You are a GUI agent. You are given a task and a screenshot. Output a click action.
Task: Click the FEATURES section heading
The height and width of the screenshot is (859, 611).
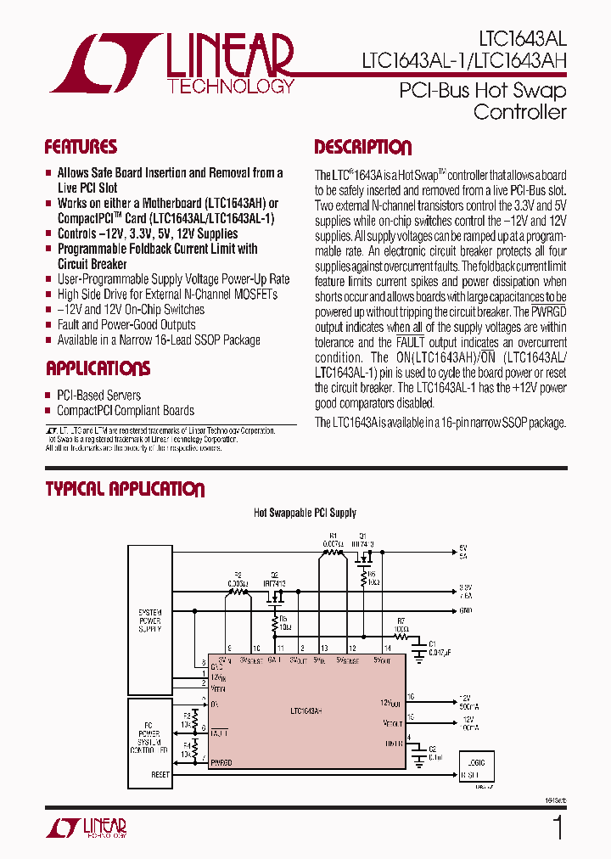pyautogui.click(x=81, y=147)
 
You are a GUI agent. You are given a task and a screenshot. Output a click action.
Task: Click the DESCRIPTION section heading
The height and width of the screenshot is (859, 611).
pyautogui.click(x=362, y=148)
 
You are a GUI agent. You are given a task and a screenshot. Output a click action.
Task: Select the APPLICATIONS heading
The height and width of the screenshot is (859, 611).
pyautogui.click(x=98, y=368)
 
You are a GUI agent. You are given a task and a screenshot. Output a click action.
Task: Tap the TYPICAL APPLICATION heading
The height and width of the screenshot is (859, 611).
pyautogui.click(x=125, y=489)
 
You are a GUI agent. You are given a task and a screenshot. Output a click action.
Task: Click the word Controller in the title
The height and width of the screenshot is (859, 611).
pyautogui.click(x=519, y=112)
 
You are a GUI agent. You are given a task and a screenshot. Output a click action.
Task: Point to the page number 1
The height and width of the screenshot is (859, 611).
pyautogui.click(x=558, y=828)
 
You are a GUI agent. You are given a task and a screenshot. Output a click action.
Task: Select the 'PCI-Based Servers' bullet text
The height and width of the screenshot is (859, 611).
pyautogui.click(x=98, y=395)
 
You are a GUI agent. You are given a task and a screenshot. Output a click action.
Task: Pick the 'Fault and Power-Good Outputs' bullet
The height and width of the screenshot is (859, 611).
pyautogui.click(x=126, y=325)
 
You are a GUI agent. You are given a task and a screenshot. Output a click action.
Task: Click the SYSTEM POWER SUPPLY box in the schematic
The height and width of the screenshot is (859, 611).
pyautogui.click(x=149, y=620)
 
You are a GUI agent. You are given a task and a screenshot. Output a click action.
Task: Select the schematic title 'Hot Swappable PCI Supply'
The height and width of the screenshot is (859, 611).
pyautogui.click(x=305, y=513)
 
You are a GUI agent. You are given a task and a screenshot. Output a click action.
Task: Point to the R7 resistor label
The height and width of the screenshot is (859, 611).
pyautogui.click(x=401, y=621)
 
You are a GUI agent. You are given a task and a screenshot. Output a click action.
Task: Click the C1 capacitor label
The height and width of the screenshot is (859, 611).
pyautogui.click(x=431, y=643)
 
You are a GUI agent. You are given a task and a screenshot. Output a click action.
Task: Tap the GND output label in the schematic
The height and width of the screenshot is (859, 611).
pyautogui.click(x=465, y=610)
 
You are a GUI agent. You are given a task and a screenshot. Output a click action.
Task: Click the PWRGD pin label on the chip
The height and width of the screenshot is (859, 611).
pyautogui.click(x=221, y=763)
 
